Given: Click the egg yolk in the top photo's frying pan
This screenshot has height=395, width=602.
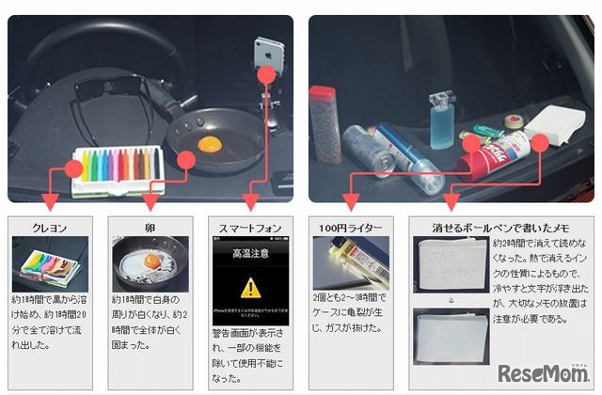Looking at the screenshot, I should click(x=211, y=144).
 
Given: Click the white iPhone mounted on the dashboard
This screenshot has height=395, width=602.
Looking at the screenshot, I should click(x=266, y=53).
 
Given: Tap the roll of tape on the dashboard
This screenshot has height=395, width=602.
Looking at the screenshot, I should click(x=515, y=124).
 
